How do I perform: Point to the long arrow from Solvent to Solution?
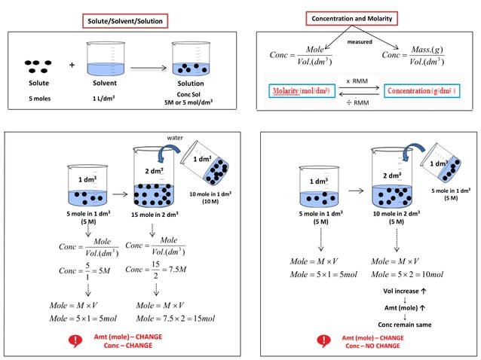pos(147,67)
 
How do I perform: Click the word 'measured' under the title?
pos(359,41)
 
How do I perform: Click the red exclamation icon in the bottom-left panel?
pos(75,340)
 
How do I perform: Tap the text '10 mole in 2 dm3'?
pos(397,215)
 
